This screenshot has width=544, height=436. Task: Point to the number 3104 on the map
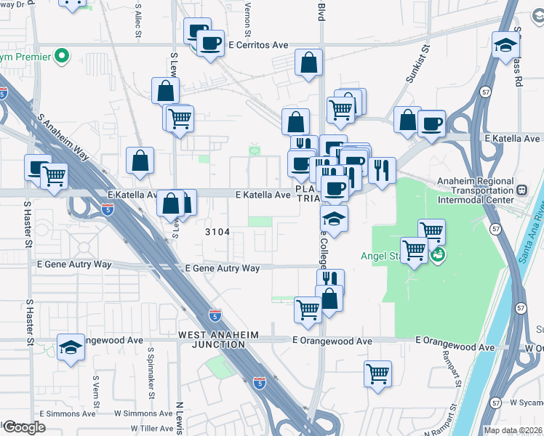point(217,232)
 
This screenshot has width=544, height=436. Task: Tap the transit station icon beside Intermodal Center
point(521,190)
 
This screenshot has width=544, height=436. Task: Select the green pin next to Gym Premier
point(63,55)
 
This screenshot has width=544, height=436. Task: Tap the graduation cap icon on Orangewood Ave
point(71,347)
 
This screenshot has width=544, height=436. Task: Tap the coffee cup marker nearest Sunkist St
point(431,124)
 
